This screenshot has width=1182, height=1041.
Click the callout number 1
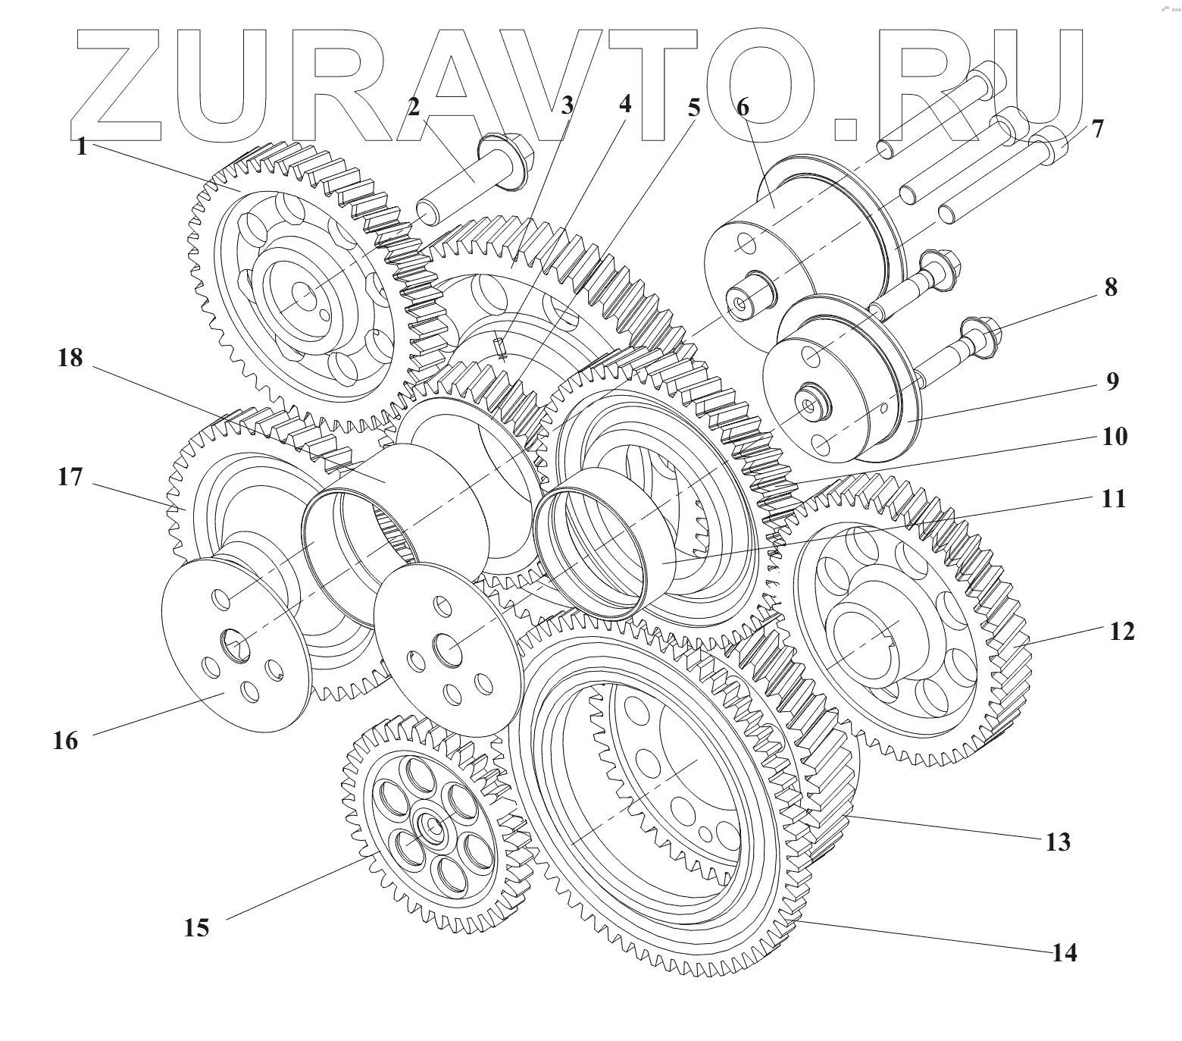pyautogui.click(x=82, y=146)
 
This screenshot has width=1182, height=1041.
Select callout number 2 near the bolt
pyautogui.click(x=413, y=107)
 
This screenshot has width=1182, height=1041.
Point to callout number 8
pyautogui.click(x=1110, y=288)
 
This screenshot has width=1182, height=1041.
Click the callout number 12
pyautogui.click(x=1122, y=631)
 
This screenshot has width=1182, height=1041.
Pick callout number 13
pyautogui.click(x=1058, y=841)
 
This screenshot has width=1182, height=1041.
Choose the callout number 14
pyautogui.click(x=1064, y=952)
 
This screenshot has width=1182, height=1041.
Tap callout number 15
pyautogui.click(x=196, y=927)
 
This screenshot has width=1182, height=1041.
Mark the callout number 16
pyautogui.click(x=65, y=740)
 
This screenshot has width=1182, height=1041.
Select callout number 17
pyautogui.click(x=69, y=478)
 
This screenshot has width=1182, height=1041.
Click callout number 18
pyautogui.click(x=70, y=357)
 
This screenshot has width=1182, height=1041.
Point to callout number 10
pyautogui.click(x=1115, y=437)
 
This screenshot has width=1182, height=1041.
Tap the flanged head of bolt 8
pyautogui.click(x=978, y=331)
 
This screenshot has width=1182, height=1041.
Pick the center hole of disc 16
pyautogui.click(x=234, y=644)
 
